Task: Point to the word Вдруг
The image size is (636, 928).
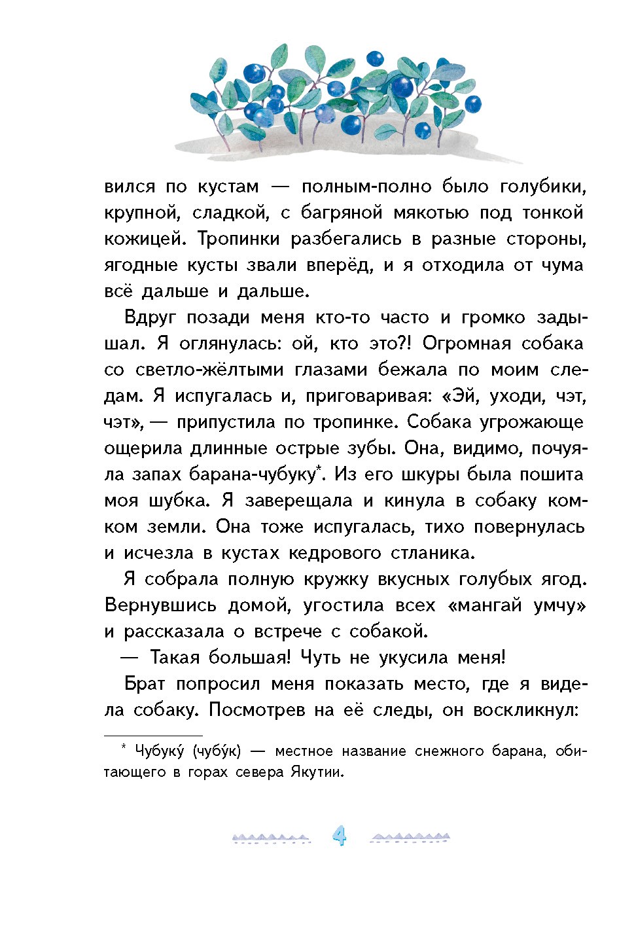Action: pyautogui.click(x=150, y=318)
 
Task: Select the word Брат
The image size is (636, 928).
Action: pyautogui.click(x=145, y=685)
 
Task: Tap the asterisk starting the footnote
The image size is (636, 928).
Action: pyautogui.click(x=123, y=749)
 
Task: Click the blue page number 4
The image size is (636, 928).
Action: pyautogui.click(x=339, y=836)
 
